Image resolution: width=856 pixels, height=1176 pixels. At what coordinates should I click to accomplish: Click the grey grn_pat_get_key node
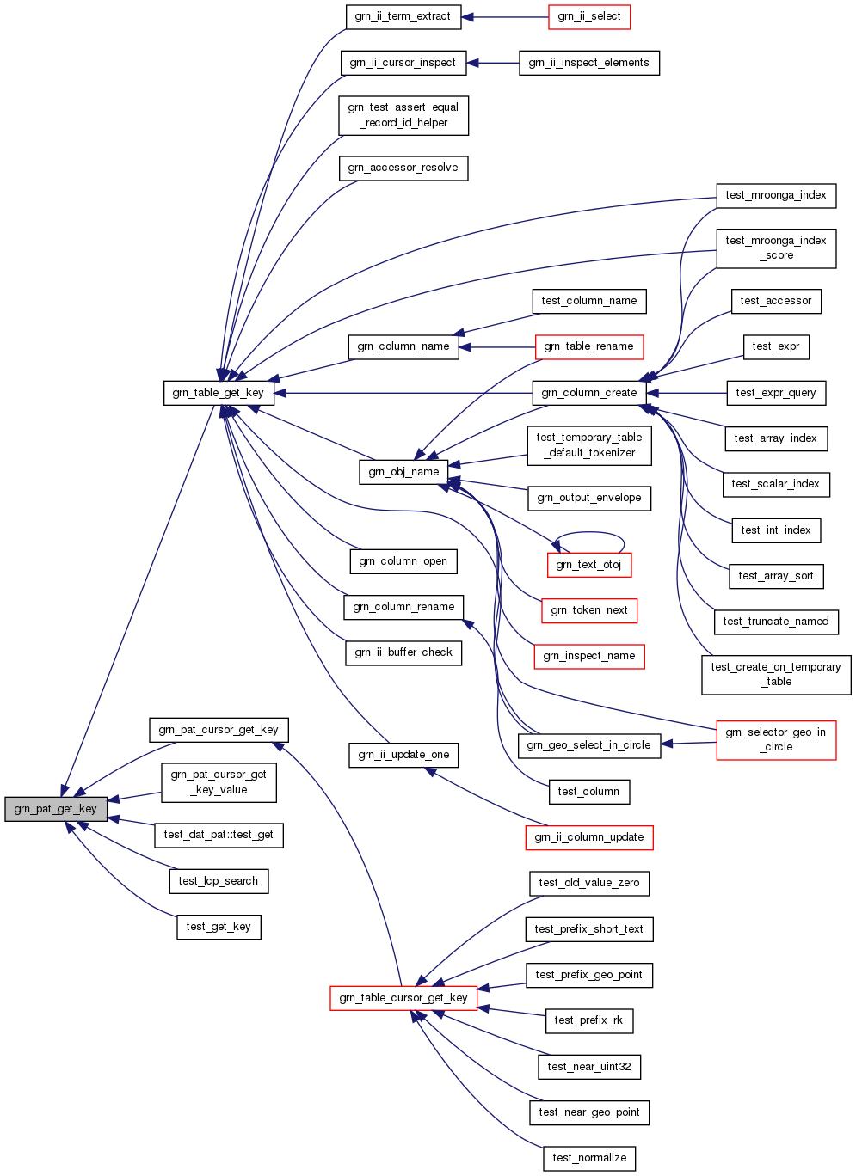click(56, 809)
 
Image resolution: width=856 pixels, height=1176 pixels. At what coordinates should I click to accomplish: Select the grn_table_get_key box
click(219, 393)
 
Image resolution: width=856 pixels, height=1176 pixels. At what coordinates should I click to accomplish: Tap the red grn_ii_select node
click(589, 16)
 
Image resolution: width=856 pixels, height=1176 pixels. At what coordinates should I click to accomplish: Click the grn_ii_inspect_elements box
click(589, 63)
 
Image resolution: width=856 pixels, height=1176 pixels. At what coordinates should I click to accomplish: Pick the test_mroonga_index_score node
click(776, 248)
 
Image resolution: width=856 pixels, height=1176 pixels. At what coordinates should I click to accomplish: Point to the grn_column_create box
click(589, 393)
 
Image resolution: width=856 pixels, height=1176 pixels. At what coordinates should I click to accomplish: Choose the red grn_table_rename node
click(589, 346)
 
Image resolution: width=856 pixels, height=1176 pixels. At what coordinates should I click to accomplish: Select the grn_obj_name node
click(403, 472)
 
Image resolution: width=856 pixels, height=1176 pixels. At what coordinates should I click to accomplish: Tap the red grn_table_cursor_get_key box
click(403, 998)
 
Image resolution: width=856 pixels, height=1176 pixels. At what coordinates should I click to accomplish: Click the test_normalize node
click(589, 1158)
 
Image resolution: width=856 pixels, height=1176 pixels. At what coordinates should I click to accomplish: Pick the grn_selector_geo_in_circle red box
click(776, 739)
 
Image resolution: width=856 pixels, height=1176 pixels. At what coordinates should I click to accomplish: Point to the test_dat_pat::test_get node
click(219, 835)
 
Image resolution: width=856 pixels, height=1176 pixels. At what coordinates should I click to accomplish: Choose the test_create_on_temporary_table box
click(776, 674)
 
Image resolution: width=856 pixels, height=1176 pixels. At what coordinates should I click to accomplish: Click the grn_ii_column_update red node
click(589, 837)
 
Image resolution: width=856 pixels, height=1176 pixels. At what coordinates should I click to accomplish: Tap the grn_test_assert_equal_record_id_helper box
click(403, 115)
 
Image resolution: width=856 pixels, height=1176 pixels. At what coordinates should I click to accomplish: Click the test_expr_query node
click(776, 393)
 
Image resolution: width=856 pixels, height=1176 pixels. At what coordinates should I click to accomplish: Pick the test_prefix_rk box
click(589, 1020)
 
